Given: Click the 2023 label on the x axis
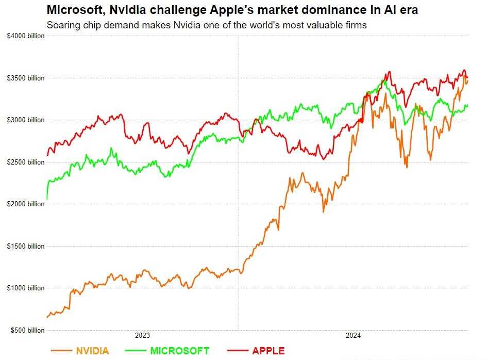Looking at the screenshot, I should point(142,335).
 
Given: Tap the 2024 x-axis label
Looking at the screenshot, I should point(353,335).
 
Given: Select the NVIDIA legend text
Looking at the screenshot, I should point(93,351).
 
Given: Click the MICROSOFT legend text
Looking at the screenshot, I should point(180,351).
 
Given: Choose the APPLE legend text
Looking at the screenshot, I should point(268,351).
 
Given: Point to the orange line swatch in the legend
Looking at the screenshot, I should point(61,351).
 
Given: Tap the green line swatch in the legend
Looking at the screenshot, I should point(135,351).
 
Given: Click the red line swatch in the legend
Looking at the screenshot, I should point(237,351).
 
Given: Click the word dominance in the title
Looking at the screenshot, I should point(295,10).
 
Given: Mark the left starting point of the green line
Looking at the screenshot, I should point(47,199).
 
